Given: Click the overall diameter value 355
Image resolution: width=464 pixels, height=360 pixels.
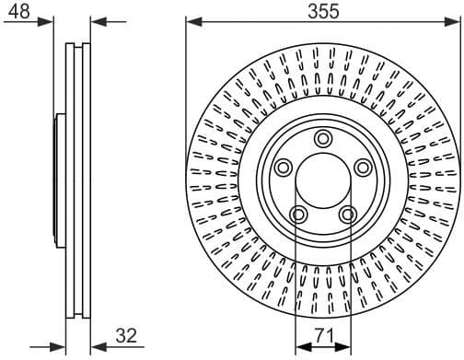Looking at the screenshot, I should coord(323,11).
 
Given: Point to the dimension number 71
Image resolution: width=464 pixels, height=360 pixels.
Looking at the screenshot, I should coord(322,337).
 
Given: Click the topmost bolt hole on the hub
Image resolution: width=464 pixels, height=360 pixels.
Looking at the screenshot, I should coord(322,139).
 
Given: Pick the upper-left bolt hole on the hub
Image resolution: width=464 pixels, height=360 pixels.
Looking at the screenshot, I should coord(284,168).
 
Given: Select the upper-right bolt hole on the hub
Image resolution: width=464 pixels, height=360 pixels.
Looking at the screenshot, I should coord(362,168).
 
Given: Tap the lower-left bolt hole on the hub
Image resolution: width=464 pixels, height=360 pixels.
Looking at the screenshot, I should coord(298,214).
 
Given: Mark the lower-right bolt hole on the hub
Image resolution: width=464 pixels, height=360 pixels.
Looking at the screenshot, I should coord(347,214).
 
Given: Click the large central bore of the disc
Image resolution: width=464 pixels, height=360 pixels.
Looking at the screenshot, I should coord(322,180).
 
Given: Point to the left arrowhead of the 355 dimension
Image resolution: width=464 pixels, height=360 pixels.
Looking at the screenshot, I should coord(191,23).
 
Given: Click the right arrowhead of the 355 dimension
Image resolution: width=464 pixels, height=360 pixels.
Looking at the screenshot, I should coord(454,23).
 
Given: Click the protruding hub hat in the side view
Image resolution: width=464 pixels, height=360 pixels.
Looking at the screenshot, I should coord(61,180).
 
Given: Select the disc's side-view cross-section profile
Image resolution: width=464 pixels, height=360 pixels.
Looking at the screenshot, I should coord(80,180).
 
